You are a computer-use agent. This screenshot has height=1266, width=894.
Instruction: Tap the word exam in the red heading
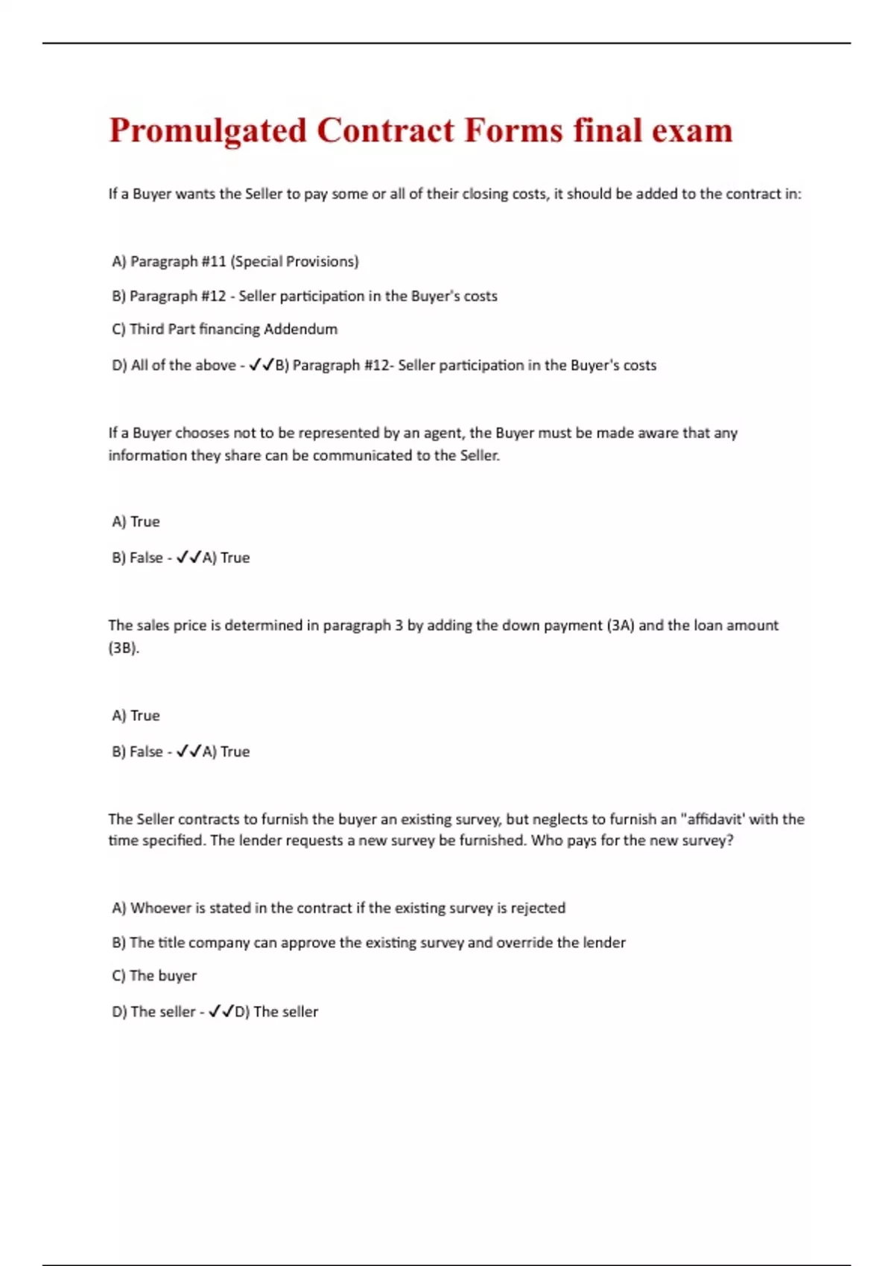click(692, 131)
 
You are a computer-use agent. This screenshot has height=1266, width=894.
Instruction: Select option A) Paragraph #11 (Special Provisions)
click(235, 261)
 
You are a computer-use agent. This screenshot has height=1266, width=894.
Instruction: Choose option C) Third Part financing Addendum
click(224, 329)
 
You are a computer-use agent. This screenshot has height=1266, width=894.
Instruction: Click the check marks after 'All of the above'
click(261, 365)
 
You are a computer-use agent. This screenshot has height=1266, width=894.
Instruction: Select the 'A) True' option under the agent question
click(136, 521)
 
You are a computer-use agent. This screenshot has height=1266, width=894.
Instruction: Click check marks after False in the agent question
click(189, 558)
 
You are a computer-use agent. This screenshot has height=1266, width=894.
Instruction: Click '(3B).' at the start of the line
click(124, 648)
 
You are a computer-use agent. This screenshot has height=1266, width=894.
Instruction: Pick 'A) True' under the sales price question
click(136, 716)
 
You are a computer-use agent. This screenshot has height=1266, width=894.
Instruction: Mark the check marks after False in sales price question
click(189, 751)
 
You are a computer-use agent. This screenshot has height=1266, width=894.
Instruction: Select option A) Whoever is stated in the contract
click(338, 908)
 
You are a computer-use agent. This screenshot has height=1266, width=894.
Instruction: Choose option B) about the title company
click(368, 943)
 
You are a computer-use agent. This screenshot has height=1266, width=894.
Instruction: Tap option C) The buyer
click(154, 976)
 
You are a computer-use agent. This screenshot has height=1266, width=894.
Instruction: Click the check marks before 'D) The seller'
click(221, 1011)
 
